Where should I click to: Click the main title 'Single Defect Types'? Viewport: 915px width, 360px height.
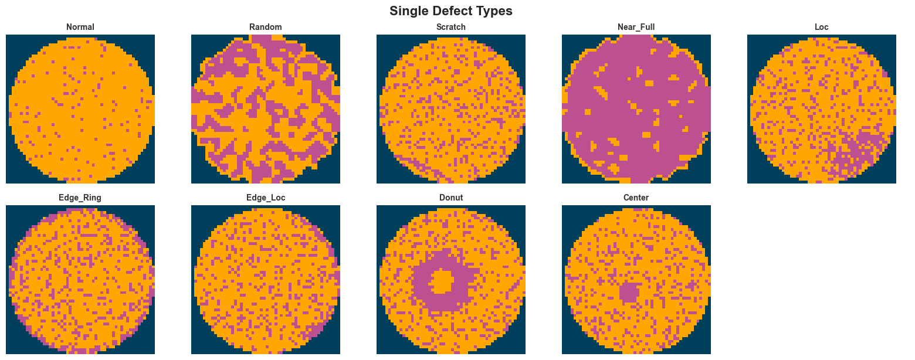(x=451, y=11)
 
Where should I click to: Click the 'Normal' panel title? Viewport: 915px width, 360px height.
(x=80, y=27)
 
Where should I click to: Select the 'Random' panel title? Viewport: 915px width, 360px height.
(x=266, y=27)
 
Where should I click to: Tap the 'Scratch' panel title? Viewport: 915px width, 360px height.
(x=451, y=27)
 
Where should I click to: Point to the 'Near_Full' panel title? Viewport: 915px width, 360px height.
(x=636, y=27)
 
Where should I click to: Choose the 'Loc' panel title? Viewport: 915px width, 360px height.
(x=822, y=27)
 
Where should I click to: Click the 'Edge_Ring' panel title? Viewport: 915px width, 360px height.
(x=80, y=198)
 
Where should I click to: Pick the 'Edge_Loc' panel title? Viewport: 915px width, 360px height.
(x=266, y=198)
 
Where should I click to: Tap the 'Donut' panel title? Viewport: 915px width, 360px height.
(x=451, y=198)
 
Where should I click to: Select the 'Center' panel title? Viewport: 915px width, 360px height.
(x=636, y=198)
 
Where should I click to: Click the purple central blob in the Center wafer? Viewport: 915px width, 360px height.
(x=630, y=291)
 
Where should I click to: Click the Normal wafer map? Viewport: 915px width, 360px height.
(x=80, y=109)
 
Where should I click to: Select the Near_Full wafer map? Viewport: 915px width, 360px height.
(x=636, y=109)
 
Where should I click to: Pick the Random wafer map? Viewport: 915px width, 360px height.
(x=266, y=109)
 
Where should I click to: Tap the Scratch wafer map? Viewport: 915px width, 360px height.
(x=451, y=109)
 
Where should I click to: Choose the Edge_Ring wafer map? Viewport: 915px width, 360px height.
(x=80, y=280)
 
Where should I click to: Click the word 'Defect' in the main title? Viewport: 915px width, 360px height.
(x=449, y=11)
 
